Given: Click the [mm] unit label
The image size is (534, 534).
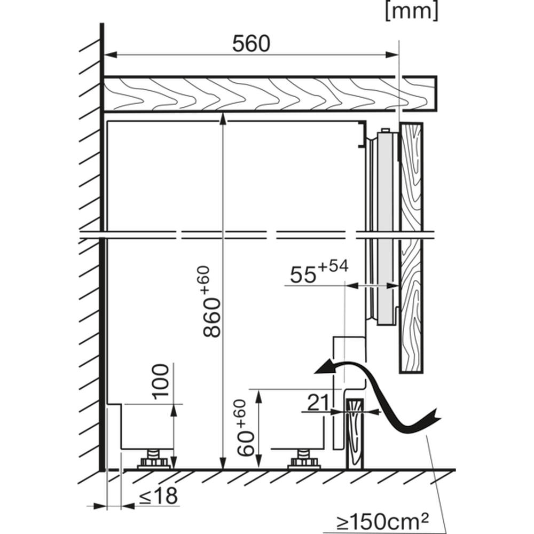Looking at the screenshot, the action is tap(412, 11).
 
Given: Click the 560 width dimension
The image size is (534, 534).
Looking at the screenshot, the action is tap(251, 44).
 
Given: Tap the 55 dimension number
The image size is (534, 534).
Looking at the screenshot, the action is tap(303, 275).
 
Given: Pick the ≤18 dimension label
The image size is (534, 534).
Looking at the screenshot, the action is tap(159, 496).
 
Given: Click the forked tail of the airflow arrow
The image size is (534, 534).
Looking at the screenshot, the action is tap(433, 418).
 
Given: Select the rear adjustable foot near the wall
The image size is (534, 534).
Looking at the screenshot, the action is tap(153, 460).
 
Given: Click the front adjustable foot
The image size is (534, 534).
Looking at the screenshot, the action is tap(304, 460).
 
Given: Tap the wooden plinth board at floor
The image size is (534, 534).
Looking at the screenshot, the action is tap(355, 434).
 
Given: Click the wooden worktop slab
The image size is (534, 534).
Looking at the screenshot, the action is tap(269, 94).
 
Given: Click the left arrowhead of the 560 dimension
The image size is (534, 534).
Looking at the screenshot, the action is tap(111, 54).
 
